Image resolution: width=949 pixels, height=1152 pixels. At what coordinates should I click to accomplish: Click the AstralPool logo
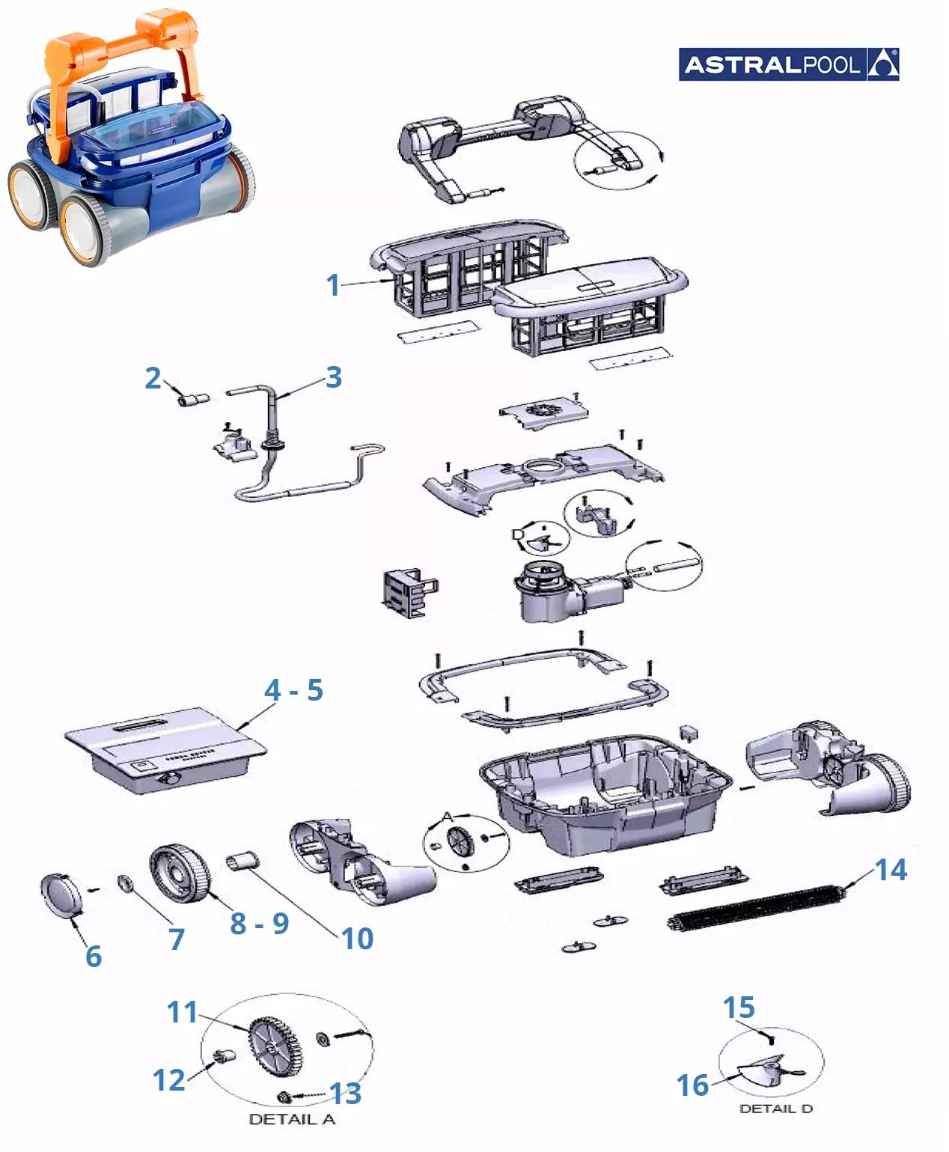pyautogui.click(x=788, y=64)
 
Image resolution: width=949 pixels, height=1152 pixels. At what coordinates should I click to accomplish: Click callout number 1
pyautogui.click(x=333, y=285)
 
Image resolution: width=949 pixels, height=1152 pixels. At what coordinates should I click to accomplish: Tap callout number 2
pyautogui.click(x=153, y=378)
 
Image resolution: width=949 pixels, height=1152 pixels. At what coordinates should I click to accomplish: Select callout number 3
pyautogui.click(x=334, y=377)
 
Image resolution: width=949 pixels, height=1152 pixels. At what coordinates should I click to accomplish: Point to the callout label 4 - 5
pyautogui.click(x=293, y=690)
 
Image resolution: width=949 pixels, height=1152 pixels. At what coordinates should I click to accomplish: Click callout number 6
pyautogui.click(x=94, y=956)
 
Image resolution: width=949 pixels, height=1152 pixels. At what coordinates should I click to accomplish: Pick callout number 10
pyautogui.click(x=357, y=938)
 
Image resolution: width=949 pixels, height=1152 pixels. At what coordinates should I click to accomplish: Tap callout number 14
pyautogui.click(x=891, y=870)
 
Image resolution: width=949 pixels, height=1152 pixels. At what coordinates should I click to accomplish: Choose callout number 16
pyautogui.click(x=692, y=1085)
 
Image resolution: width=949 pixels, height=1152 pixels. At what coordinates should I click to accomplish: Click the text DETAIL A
pyautogui.click(x=292, y=1120)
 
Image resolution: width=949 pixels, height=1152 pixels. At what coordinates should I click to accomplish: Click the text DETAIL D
pyautogui.click(x=775, y=1109)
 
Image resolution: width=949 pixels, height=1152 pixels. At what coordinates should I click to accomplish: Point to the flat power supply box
pyautogui.click(x=165, y=749)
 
